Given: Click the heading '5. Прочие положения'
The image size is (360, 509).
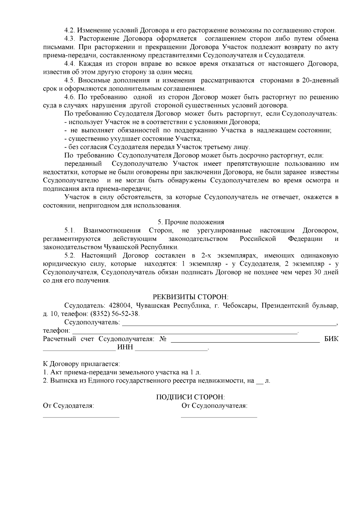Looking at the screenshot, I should pyautogui.click(x=191, y=222).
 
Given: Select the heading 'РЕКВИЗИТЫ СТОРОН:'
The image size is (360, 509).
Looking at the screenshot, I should pyautogui.click(x=191, y=297).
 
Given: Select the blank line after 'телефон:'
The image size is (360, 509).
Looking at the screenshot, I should pyautogui.click(x=184, y=333).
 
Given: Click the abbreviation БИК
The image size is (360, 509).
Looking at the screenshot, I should pyautogui.click(x=331, y=339).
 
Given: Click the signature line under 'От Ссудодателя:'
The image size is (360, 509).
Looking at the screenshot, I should pyautogui.click(x=81, y=417).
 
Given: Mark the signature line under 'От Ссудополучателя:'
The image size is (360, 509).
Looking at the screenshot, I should pyautogui.click(x=219, y=417).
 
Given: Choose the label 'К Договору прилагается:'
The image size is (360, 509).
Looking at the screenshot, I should pyautogui.click(x=81, y=364).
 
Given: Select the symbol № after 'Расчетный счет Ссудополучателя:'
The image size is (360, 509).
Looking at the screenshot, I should pyautogui.click(x=163, y=339).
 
